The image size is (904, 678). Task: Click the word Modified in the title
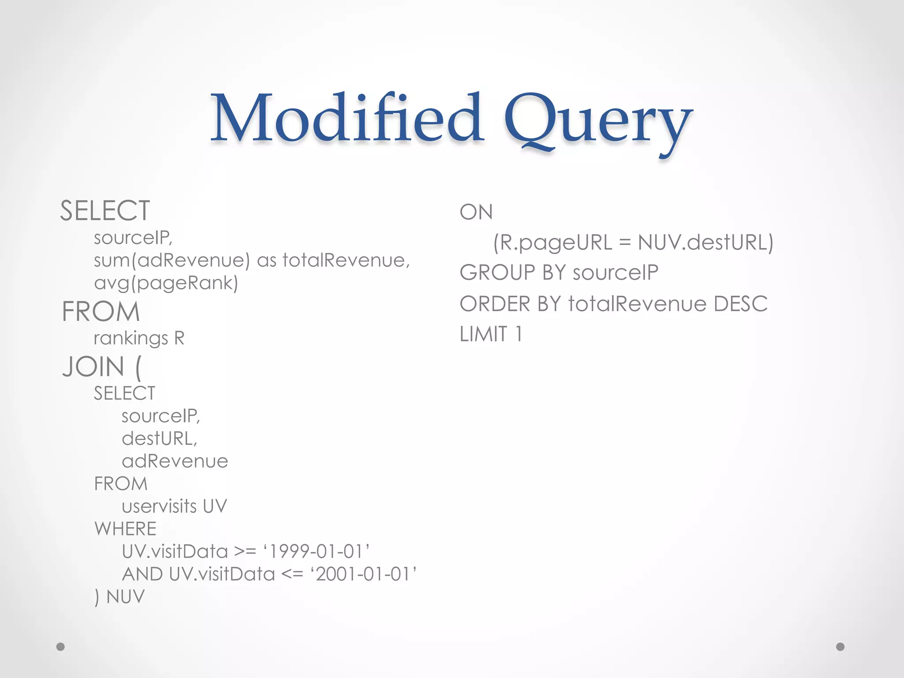(x=347, y=118)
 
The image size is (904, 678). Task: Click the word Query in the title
(x=598, y=121)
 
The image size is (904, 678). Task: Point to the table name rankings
(x=131, y=339)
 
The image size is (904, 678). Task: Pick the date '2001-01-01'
(x=364, y=574)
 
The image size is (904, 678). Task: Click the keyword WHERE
(x=125, y=529)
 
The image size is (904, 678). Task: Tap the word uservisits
(x=159, y=506)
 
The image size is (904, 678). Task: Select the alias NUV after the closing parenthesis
(x=125, y=597)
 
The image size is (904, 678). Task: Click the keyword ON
(x=476, y=212)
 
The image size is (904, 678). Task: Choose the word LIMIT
(x=483, y=334)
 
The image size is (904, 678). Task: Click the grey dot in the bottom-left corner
(x=61, y=647)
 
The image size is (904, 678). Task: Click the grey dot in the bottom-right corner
(x=840, y=647)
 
